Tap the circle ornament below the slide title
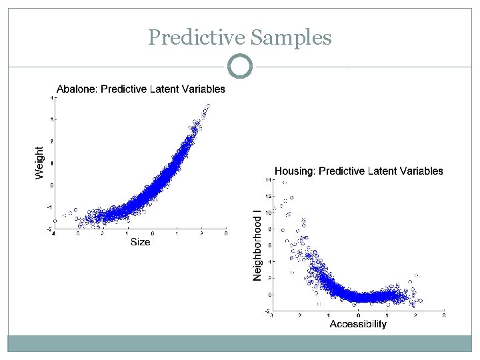[240, 67]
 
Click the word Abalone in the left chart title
[75, 89]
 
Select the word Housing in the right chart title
[295, 171]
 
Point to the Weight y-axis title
[39, 163]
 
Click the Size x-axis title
[140, 242]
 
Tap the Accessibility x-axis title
[358, 324]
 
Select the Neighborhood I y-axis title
[257, 245]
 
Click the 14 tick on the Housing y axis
[267, 180]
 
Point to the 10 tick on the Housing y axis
[267, 213]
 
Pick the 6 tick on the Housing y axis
[269, 245]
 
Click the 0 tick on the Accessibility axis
[358, 315]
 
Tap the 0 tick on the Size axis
[153, 234]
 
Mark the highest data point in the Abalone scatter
[208, 105]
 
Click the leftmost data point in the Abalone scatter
[55, 221]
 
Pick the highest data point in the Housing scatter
[285, 183]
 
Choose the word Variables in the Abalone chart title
[204, 89]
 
